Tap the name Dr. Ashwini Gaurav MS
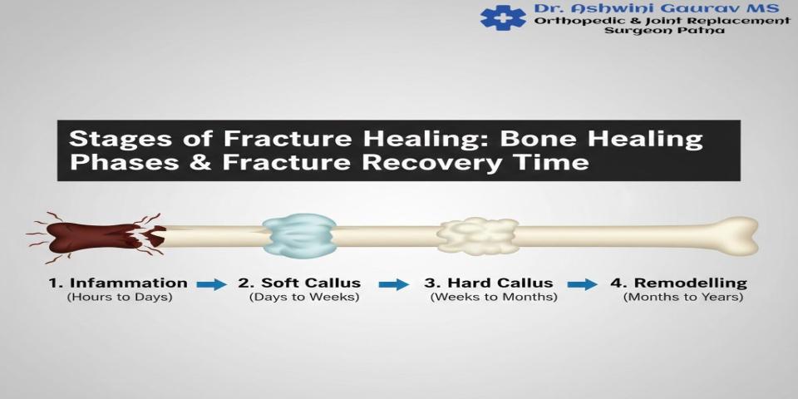[657, 8]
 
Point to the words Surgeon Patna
[665, 31]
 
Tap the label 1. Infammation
[118, 283]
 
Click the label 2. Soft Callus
[300, 283]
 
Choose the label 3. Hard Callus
[489, 283]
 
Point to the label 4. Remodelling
[679, 283]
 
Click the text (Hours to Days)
[120, 298]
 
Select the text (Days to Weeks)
[304, 298]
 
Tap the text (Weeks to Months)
[494, 298]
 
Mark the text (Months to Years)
[683, 298]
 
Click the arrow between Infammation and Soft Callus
[212, 284]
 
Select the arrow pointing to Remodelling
[583, 284]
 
